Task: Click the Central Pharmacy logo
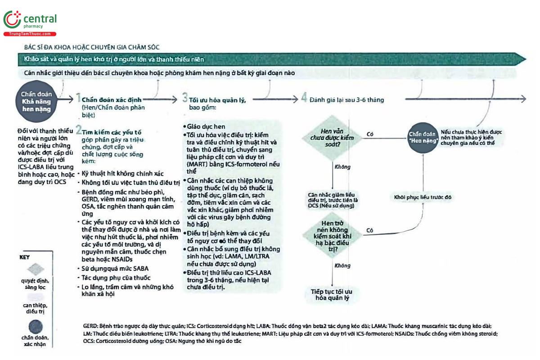[30, 22]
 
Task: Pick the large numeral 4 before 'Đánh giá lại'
[304, 99]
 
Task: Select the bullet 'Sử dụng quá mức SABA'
[109, 268]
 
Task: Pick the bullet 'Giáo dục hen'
[207, 126]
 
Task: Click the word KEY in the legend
[24, 258]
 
